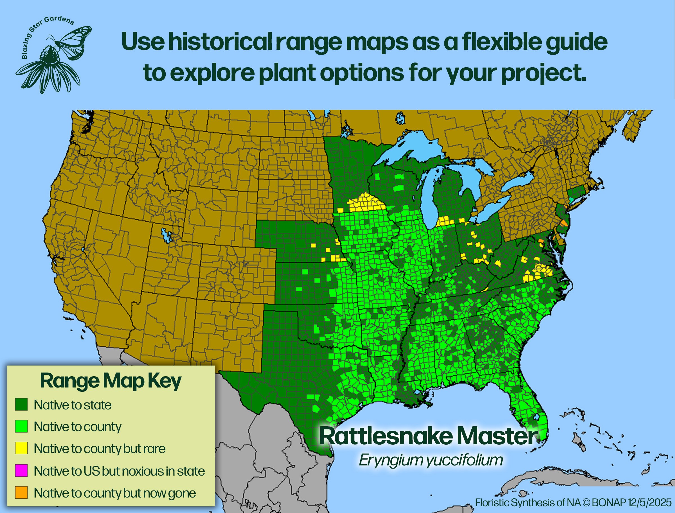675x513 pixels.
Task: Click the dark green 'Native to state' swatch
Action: point(21,405)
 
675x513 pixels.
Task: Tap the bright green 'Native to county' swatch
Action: point(21,426)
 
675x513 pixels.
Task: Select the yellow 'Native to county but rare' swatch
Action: point(21,448)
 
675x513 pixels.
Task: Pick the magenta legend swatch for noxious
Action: point(21,471)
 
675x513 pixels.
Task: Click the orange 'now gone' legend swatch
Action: point(21,492)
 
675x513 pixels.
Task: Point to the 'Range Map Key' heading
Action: point(111,381)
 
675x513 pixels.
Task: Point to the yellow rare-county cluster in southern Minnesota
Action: point(365,203)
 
